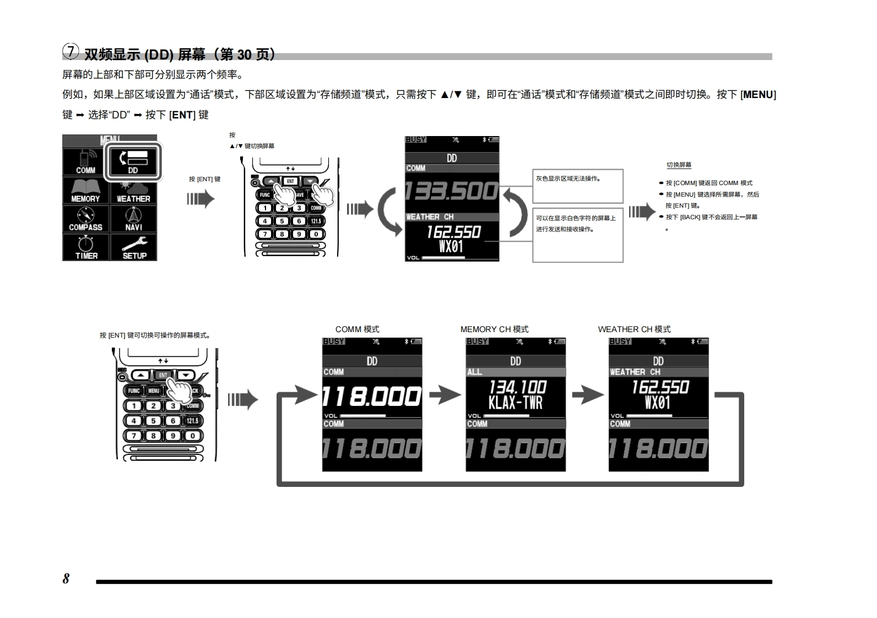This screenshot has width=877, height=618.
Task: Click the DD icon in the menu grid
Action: [133, 161]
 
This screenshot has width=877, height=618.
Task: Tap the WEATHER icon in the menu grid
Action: [133, 191]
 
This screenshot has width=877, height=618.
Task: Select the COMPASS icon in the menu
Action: [85, 219]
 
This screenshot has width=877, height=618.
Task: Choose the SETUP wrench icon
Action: [134, 248]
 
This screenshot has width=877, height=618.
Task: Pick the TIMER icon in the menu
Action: [86, 248]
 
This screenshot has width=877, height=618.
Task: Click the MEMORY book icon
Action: [85, 191]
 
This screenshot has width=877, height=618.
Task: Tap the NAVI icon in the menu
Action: [133, 219]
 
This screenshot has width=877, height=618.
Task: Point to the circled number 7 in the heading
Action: [71, 51]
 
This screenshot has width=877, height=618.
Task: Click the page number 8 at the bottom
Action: [66, 578]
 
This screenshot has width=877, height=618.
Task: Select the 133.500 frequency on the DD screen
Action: [452, 191]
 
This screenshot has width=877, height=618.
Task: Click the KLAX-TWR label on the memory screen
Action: [515, 403]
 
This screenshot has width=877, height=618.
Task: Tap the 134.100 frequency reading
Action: [517, 387]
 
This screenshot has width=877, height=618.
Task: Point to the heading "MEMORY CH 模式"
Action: [494, 329]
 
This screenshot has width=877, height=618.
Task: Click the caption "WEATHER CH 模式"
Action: [634, 329]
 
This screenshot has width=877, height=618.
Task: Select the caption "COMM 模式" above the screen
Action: [357, 329]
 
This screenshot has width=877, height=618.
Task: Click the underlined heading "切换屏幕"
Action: [679, 165]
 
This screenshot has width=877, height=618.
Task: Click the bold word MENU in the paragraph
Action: [758, 95]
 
